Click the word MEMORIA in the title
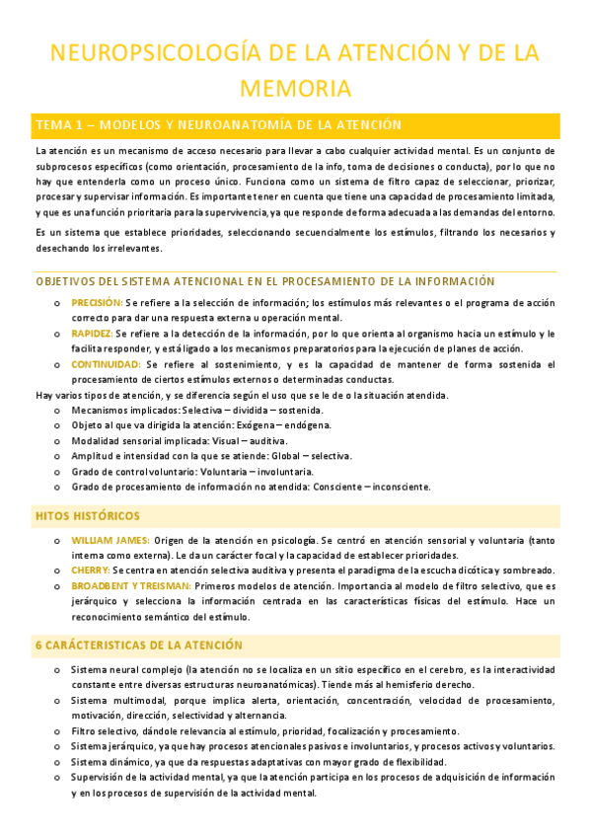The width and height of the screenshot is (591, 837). pyautogui.click(x=295, y=89)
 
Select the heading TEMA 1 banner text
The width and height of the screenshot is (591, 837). pyautogui.click(x=204, y=125)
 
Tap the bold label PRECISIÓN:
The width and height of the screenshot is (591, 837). pyautogui.click(x=97, y=302)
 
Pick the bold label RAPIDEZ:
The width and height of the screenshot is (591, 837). pyautogui.click(x=92, y=334)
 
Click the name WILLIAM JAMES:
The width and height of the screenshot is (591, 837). pyautogui.click(x=111, y=540)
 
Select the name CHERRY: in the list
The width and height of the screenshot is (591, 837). pyautogui.click(x=90, y=571)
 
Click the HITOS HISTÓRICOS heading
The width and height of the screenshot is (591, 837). pyautogui.click(x=88, y=516)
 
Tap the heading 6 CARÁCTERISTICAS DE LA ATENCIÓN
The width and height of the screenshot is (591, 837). pyautogui.click(x=138, y=618)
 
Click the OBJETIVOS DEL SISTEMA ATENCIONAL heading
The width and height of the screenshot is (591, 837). pyautogui.click(x=264, y=280)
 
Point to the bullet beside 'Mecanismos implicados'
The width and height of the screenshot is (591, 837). pyautogui.click(x=56, y=410)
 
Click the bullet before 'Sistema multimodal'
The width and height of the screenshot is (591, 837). pyautogui.click(x=56, y=701)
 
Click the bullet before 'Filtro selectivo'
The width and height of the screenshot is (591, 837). pyautogui.click(x=56, y=731)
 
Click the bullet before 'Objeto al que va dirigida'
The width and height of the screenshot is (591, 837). pyautogui.click(x=56, y=425)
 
